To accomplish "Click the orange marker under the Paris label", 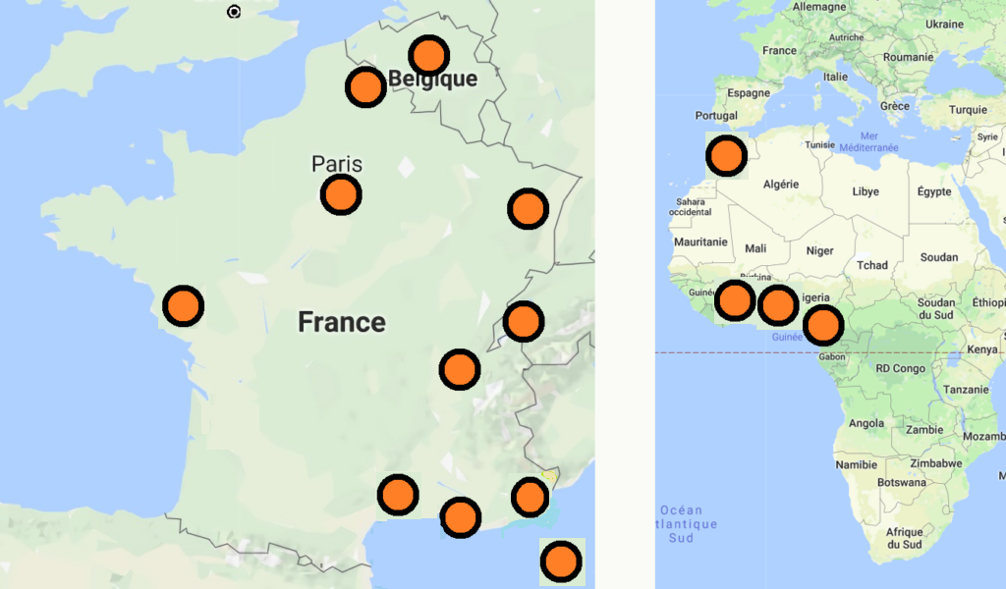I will (x=341, y=195).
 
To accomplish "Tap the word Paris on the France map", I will (x=337, y=164).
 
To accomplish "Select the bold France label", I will (x=342, y=322).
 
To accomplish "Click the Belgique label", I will (x=433, y=80).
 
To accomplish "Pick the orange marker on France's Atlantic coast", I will (x=183, y=306).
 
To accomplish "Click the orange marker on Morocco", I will (x=727, y=155).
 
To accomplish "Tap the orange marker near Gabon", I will (x=823, y=325).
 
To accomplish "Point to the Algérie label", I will (x=781, y=184).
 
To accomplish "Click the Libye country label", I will (x=866, y=191).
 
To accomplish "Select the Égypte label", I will (x=934, y=191).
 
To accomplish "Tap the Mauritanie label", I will (x=700, y=241).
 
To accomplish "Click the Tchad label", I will (x=871, y=265).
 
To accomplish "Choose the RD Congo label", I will (x=900, y=369).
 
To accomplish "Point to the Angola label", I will (x=866, y=424).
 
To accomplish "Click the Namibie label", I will (x=855, y=464).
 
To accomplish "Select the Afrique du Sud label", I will (x=904, y=538).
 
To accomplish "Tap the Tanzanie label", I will (x=965, y=390).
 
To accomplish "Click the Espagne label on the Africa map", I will (x=750, y=93).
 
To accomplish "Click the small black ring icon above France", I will (x=234, y=12).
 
